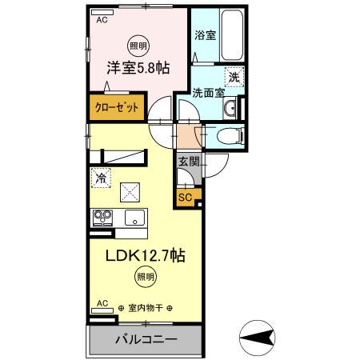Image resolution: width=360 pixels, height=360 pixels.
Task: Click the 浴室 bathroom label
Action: (206, 35)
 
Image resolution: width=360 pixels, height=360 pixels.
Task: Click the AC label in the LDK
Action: (102, 303)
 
